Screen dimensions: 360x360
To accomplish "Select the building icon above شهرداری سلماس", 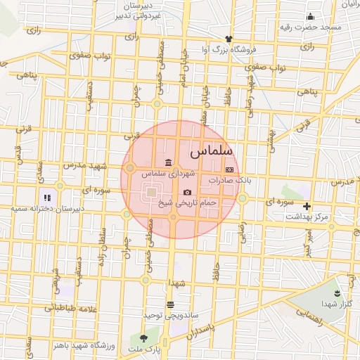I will [x=168, y=163].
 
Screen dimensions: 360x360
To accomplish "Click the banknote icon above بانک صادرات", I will [x=229, y=170].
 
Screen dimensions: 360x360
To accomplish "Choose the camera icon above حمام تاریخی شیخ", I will [x=187, y=192].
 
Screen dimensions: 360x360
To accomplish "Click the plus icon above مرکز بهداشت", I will [x=307, y=206].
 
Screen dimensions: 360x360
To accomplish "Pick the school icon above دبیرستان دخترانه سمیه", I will [x=46, y=198].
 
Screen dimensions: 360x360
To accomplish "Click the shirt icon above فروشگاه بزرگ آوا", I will [x=228, y=39].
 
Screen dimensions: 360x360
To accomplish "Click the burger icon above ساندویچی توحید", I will [x=170, y=304].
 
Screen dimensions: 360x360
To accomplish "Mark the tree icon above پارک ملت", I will [x=144, y=338].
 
